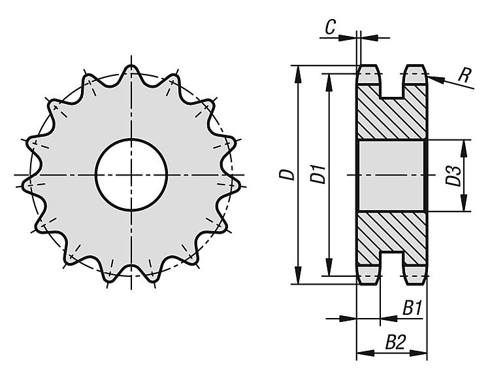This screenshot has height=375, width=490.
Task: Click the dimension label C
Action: pos(330,27)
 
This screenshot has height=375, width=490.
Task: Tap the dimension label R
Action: pos(465,75)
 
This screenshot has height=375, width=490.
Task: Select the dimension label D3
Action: pos(453,175)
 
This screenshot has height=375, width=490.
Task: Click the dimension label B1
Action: pos(412,308)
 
